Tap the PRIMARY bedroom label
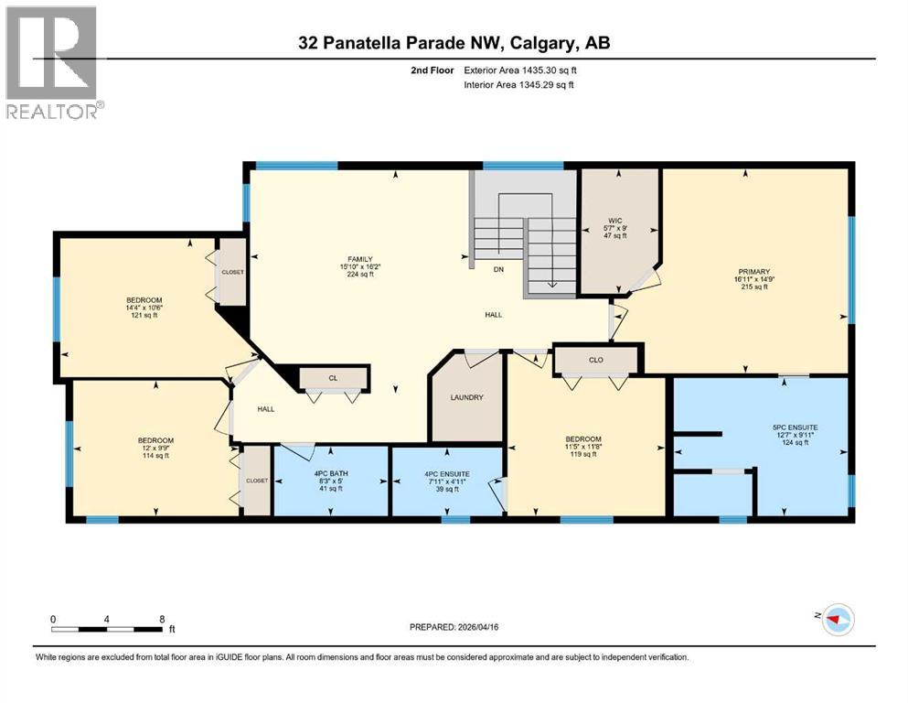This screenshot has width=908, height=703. click(x=754, y=272)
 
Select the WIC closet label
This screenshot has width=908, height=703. click(x=616, y=220)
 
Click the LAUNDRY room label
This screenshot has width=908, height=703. click(x=465, y=397)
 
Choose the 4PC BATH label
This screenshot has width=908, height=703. click(x=333, y=471)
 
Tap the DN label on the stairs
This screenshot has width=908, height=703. click(x=498, y=269)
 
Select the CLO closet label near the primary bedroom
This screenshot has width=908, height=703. click(x=596, y=360)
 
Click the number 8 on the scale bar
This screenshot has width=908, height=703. click(x=162, y=619)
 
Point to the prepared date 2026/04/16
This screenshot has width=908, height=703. click(x=454, y=627)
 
